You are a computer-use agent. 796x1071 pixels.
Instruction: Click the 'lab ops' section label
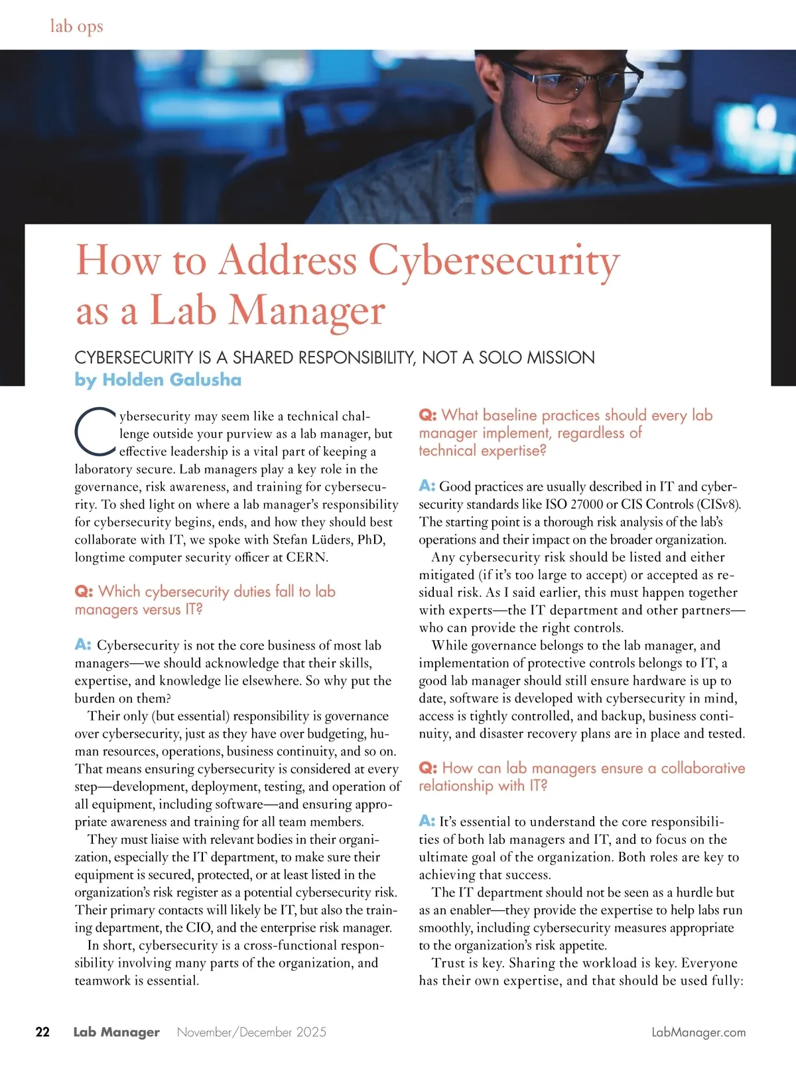click(x=76, y=27)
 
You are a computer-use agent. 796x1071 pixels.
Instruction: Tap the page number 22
click(x=42, y=1032)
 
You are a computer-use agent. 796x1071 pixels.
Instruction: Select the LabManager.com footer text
click(x=698, y=1032)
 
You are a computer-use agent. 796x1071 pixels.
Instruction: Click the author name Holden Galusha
click(x=172, y=380)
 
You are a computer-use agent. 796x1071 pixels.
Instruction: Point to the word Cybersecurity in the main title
click(x=494, y=260)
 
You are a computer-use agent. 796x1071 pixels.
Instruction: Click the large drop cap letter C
click(x=96, y=431)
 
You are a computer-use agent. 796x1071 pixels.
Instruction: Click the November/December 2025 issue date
click(x=251, y=1032)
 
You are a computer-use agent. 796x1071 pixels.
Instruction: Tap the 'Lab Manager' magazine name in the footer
click(x=116, y=1032)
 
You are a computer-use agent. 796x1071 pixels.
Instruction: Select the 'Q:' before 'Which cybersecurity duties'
click(x=84, y=592)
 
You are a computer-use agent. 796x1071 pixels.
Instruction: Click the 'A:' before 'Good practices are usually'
click(x=427, y=486)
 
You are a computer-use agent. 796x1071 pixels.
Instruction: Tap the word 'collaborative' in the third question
click(x=702, y=768)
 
